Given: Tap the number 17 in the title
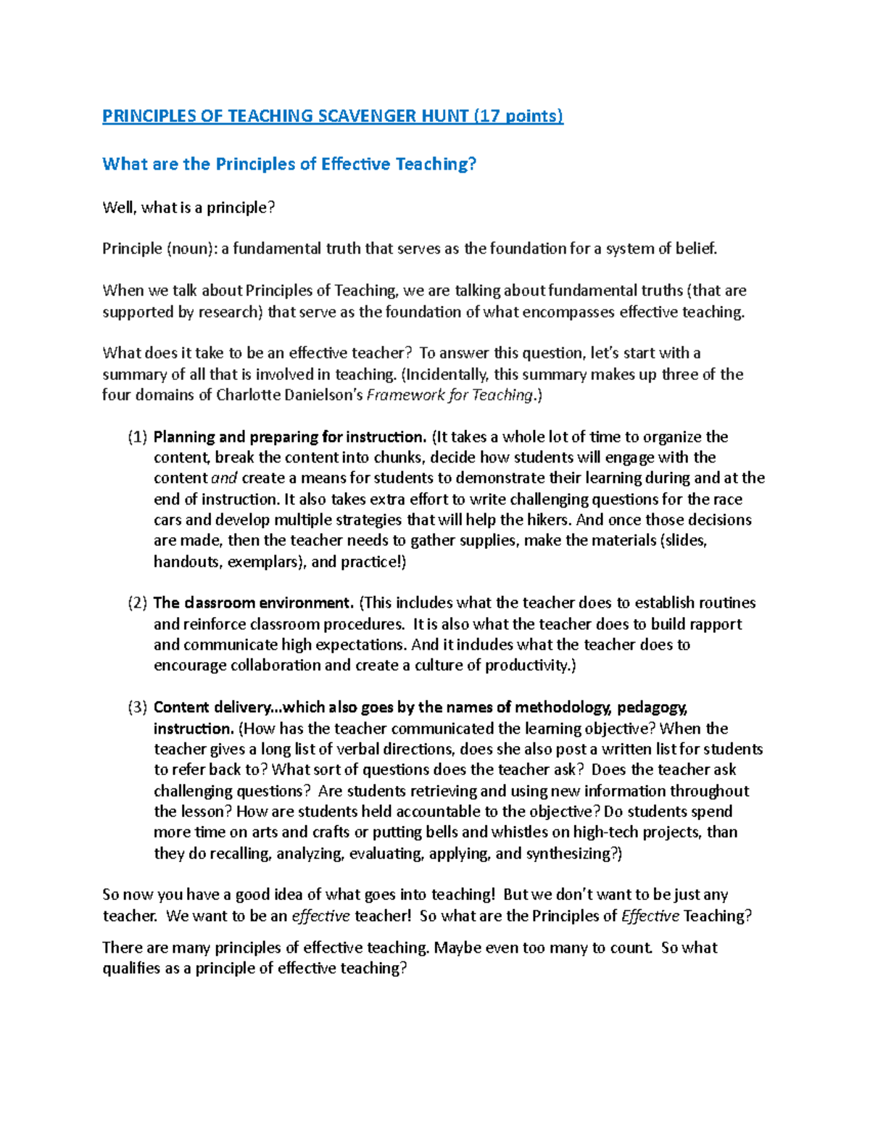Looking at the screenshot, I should click(490, 116).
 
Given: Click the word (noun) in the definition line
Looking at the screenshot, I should click(190, 249).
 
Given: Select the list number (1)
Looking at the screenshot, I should click(138, 437).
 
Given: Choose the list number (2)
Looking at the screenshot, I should click(138, 603).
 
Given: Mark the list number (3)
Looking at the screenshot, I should click(138, 708).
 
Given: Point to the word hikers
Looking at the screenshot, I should click(549, 520).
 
